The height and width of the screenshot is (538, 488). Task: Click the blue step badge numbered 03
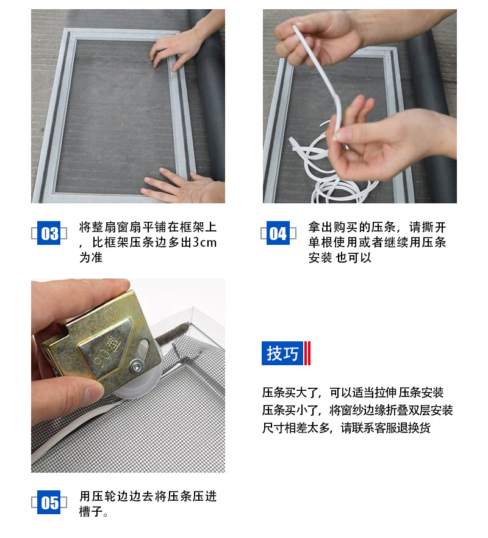tap(49, 233)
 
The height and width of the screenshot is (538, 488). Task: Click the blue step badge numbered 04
tap(278, 233)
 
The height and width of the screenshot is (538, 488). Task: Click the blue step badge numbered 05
tap(49, 503)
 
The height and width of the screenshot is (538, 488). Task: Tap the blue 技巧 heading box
tap(282, 353)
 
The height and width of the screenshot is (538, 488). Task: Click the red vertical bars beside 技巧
tap(308, 353)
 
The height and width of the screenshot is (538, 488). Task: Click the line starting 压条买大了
tap(353, 392)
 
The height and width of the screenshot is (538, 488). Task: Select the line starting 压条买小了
tap(357, 410)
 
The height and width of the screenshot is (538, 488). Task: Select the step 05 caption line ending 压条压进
tap(148, 496)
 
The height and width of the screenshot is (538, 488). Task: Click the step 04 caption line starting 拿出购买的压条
tap(377, 227)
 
